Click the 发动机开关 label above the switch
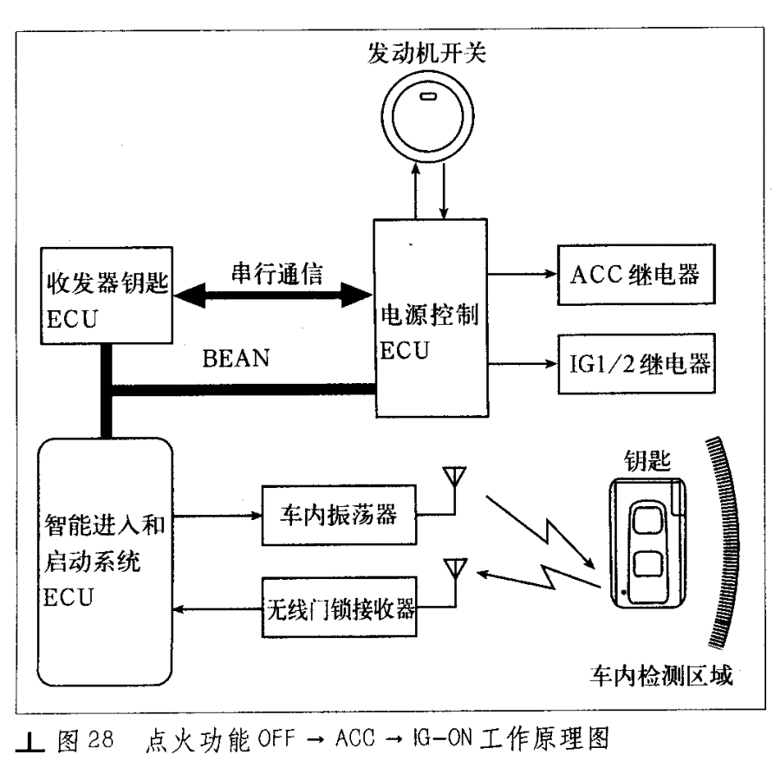[x=426, y=53]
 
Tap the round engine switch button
[x=428, y=116]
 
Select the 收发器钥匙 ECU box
[x=107, y=296]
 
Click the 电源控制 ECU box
[x=431, y=318]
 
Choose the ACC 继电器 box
[x=636, y=274]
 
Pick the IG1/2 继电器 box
[x=637, y=364]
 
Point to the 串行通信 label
[x=277, y=274]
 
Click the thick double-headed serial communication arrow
[x=273, y=296]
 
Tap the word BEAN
[x=236, y=358]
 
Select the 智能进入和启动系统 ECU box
[x=105, y=562]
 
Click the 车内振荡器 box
[x=339, y=516]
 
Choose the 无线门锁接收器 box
[x=339, y=608]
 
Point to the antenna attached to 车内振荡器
[x=454, y=483]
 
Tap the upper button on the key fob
[x=647, y=520]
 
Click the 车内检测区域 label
[x=661, y=675]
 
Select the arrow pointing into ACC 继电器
[x=523, y=274]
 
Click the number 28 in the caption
[x=101, y=739]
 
